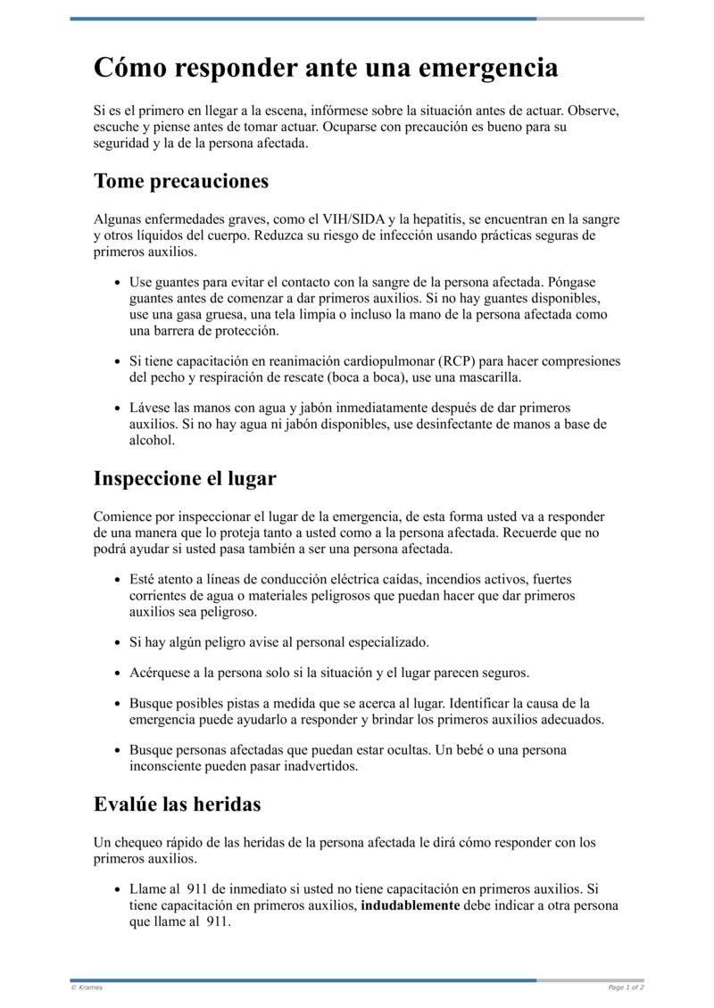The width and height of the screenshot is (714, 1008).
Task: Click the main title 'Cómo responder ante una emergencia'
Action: point(326,68)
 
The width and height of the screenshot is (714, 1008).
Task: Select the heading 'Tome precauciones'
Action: point(181,181)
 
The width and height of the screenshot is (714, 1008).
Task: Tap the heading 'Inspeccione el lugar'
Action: point(185,478)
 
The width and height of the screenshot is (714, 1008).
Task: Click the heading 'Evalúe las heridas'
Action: point(177,804)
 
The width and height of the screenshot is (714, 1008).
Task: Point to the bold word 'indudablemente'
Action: point(411,905)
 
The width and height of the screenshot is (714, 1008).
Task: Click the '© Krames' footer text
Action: point(87,987)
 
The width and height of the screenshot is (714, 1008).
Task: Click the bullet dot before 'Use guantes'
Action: point(118,282)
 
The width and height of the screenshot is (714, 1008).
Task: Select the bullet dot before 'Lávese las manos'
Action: point(118,409)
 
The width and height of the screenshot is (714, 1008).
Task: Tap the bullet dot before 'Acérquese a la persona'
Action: point(118,673)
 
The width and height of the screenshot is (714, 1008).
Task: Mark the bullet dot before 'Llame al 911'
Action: point(118,890)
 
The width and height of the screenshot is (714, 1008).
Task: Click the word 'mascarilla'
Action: point(489,377)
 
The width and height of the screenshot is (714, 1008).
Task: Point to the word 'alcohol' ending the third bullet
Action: point(152,440)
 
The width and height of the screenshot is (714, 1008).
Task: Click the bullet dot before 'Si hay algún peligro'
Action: point(118,642)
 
